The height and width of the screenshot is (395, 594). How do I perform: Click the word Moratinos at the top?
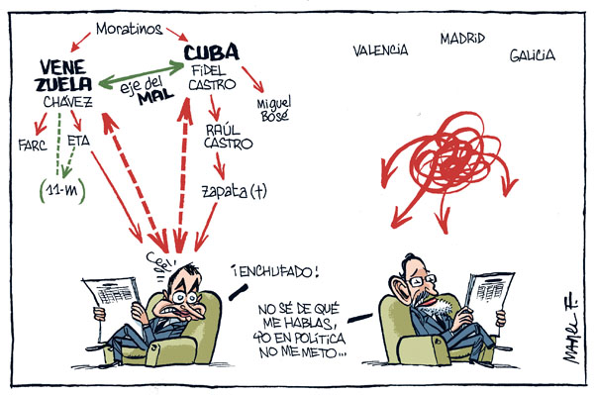point(129,28)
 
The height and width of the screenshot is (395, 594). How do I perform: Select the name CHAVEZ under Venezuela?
point(67,102)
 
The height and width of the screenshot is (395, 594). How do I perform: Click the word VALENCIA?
point(381,49)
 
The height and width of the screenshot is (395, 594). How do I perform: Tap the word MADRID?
point(462,39)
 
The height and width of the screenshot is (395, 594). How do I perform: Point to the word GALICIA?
point(533,56)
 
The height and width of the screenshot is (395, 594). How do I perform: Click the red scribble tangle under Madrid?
point(445,158)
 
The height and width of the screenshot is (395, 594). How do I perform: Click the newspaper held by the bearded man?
point(494,290)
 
